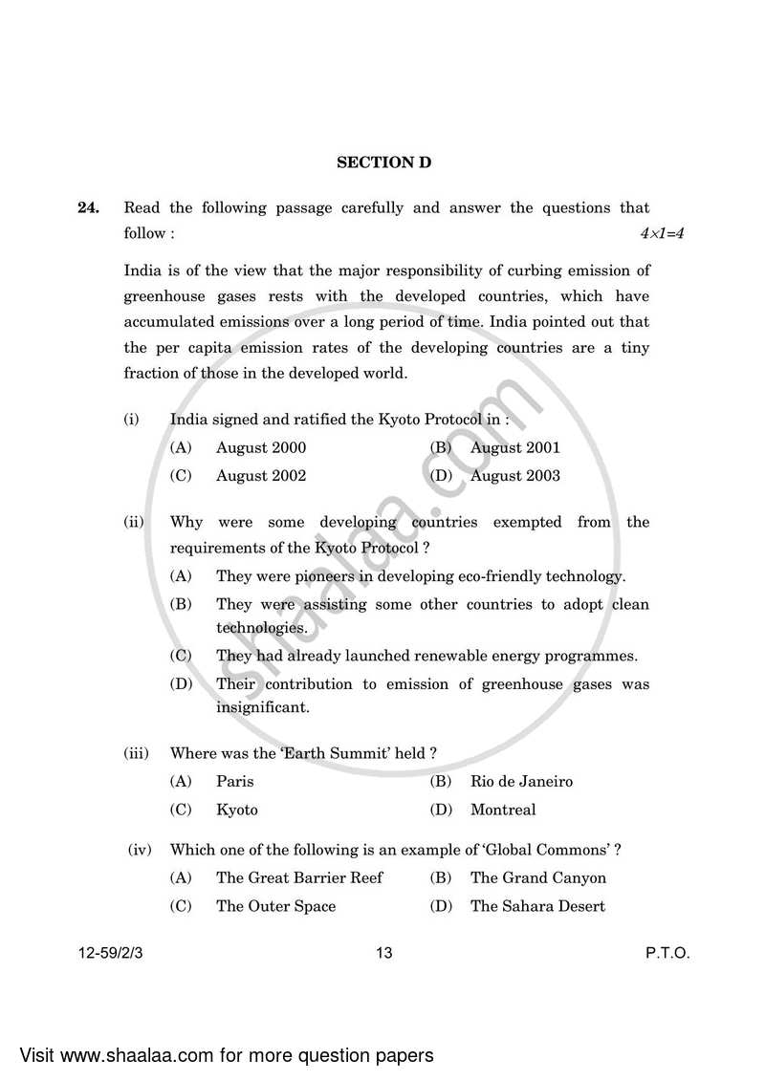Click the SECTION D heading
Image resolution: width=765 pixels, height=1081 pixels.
click(383, 162)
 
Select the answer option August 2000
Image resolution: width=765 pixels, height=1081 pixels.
click(261, 447)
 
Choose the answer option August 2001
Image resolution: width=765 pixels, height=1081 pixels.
click(515, 447)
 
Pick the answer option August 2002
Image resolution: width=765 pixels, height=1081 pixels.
click(261, 476)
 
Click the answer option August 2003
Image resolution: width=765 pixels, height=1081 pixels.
click(515, 476)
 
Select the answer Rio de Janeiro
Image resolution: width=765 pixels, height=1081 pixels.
click(521, 782)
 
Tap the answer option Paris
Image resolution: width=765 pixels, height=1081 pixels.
click(235, 782)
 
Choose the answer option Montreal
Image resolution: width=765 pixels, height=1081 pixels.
click(503, 811)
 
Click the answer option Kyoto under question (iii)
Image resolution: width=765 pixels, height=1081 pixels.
click(237, 811)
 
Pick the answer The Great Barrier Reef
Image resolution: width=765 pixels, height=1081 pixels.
click(299, 878)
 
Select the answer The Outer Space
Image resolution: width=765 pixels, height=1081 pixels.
click(275, 907)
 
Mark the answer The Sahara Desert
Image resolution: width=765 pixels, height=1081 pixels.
click(537, 907)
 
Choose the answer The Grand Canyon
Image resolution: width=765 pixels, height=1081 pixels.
click(537, 878)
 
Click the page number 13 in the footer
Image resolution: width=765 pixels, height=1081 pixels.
click(384, 953)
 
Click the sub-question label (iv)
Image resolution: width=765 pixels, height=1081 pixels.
click(140, 850)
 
